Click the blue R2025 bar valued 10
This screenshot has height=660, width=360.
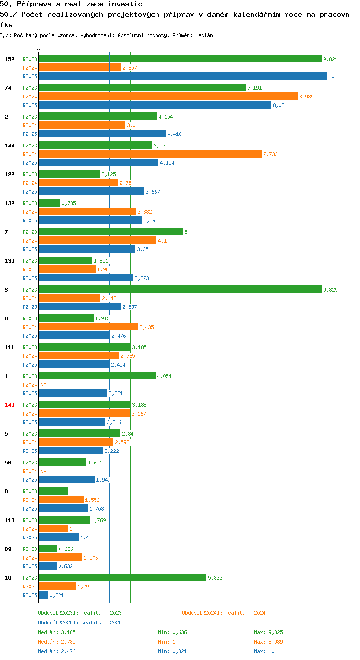click(183, 76)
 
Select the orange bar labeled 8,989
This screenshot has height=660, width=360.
click(168, 97)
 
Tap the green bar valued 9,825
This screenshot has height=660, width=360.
click(180, 289)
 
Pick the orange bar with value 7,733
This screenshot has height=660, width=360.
click(150, 154)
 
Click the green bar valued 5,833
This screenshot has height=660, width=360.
click(123, 577)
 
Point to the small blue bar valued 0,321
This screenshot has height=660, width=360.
click(44, 595)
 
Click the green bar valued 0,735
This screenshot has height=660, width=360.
click(49, 203)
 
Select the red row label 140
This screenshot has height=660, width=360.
click(10, 405)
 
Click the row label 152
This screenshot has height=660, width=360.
click(10, 59)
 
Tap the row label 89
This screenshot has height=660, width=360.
click(8, 549)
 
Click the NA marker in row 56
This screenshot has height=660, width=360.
click(43, 471)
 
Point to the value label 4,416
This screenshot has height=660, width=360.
click(174, 134)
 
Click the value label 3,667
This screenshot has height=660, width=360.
click(153, 192)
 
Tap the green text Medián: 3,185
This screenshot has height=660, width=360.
click(57, 632)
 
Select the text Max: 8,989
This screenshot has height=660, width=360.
click(268, 642)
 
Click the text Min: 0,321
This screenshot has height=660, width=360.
click(172, 651)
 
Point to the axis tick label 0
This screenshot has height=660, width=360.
click(38, 50)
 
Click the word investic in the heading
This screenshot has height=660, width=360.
click(125, 4)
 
